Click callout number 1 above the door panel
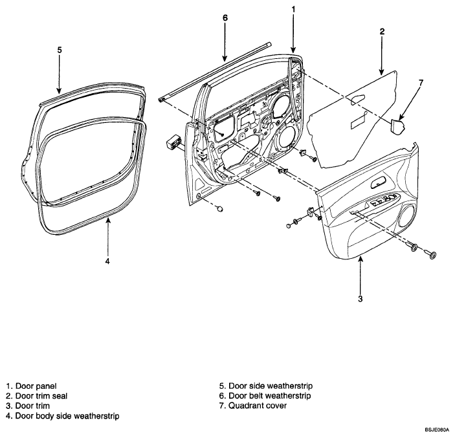pyautogui.click(x=293, y=10)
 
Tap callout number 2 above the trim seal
pyautogui.click(x=382, y=31)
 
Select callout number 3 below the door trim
pyautogui.click(x=360, y=298)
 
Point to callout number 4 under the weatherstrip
pyautogui.click(x=107, y=261)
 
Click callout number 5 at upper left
pyautogui.click(x=60, y=50)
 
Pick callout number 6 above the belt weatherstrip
pyautogui.click(x=225, y=17)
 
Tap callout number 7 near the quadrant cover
pyautogui.click(x=421, y=83)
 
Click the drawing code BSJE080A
pyautogui.click(x=437, y=430)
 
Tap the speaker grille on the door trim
pyautogui.click(x=406, y=216)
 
